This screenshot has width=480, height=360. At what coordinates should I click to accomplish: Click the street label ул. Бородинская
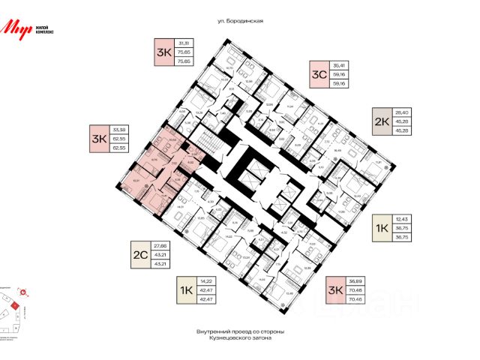click(240, 21)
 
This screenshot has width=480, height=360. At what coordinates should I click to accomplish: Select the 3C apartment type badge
click(319, 74)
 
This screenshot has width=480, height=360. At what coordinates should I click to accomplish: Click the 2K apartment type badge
click(382, 121)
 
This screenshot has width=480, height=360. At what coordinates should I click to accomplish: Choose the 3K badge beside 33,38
click(99, 139)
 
